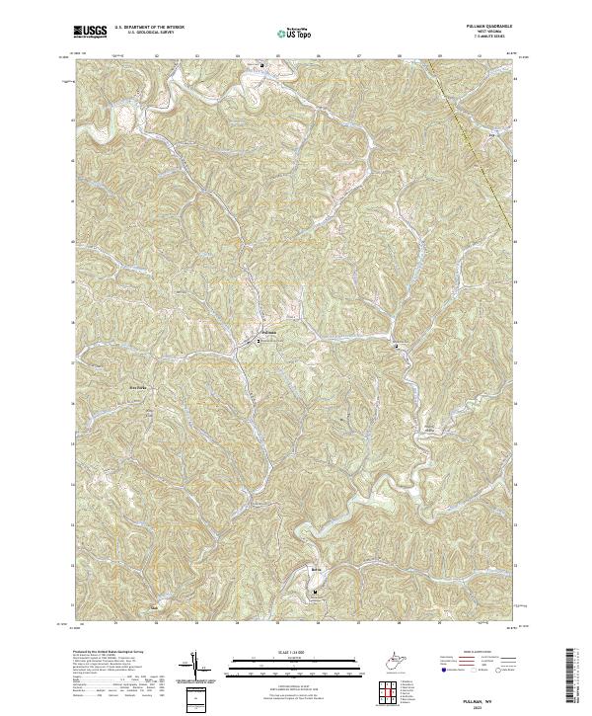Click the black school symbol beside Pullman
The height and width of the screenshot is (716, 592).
click(x=259, y=340)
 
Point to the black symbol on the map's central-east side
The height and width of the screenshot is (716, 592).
click(x=397, y=347)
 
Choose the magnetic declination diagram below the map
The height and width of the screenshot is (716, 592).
click(x=196, y=665)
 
